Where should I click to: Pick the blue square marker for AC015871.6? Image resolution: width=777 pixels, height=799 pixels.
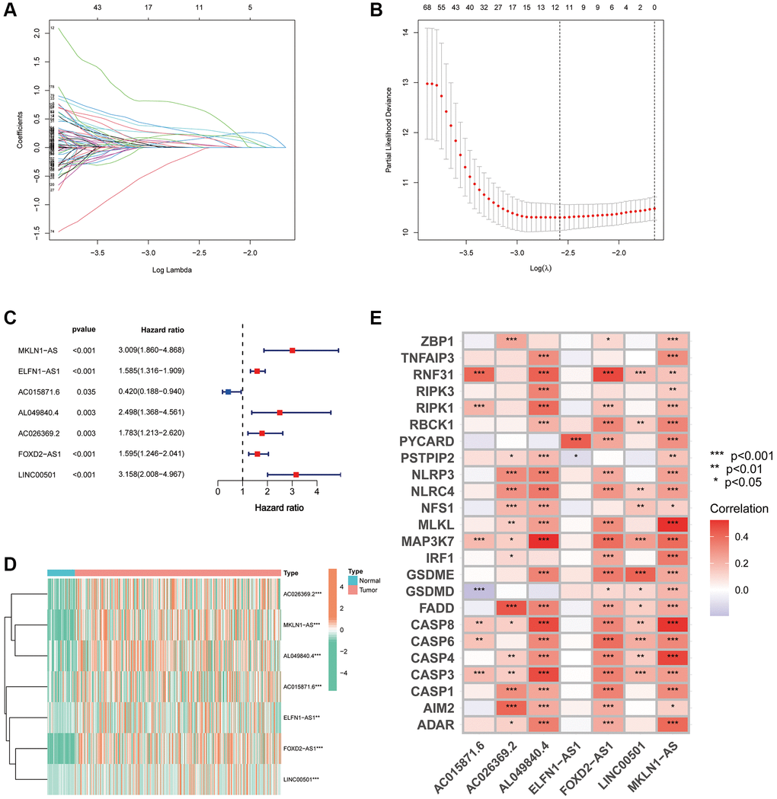tap(228, 392)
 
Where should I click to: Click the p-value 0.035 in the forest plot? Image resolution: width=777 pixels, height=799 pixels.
tap(81, 392)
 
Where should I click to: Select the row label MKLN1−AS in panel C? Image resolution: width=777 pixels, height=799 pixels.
tap(37, 350)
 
